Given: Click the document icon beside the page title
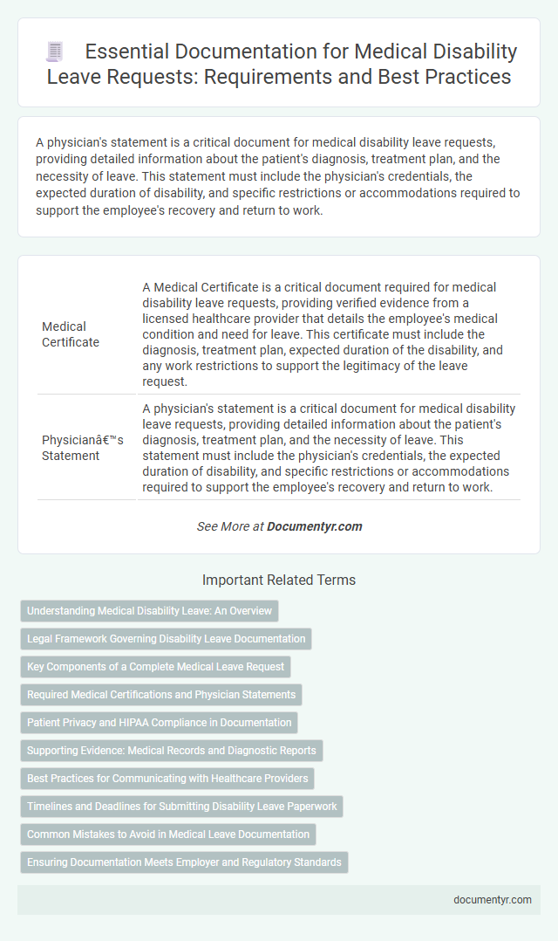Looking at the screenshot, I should click(x=54, y=52).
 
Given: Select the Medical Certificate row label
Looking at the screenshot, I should click(x=71, y=333).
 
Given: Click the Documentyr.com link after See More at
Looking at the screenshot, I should click(x=314, y=526).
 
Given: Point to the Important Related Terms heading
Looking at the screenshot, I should click(x=279, y=580).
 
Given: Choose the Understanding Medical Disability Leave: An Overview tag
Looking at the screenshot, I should click(x=149, y=611).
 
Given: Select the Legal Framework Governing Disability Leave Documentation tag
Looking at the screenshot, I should click(x=166, y=639).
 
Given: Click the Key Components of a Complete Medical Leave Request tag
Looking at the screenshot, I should click(x=155, y=667).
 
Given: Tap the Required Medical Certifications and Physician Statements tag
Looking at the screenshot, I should click(x=161, y=695).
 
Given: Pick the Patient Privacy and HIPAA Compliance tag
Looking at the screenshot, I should click(x=159, y=723).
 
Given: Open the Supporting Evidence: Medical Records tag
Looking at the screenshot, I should click(x=172, y=751).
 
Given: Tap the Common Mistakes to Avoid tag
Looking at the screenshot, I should click(x=167, y=835).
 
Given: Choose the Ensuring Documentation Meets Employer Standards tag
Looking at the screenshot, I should click(x=184, y=862).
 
